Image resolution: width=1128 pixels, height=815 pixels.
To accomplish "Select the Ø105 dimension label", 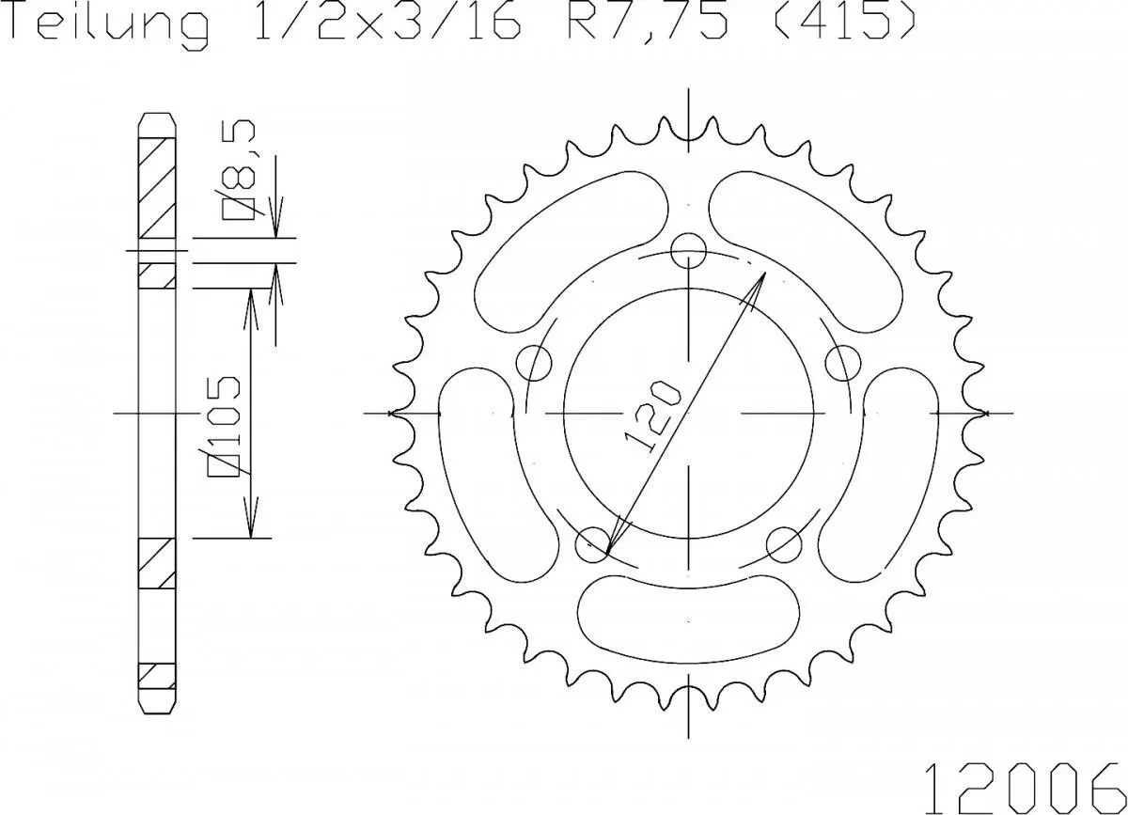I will click(x=227, y=423).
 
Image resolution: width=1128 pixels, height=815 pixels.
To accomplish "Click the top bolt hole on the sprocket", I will click(x=690, y=249).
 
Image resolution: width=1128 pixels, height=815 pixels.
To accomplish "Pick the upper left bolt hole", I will click(x=535, y=361).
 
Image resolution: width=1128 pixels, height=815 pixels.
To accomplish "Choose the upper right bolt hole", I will click(x=844, y=361).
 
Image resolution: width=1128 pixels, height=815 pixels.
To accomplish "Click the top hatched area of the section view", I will click(x=157, y=188).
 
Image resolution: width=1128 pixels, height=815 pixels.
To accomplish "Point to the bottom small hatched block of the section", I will click(x=157, y=676).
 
